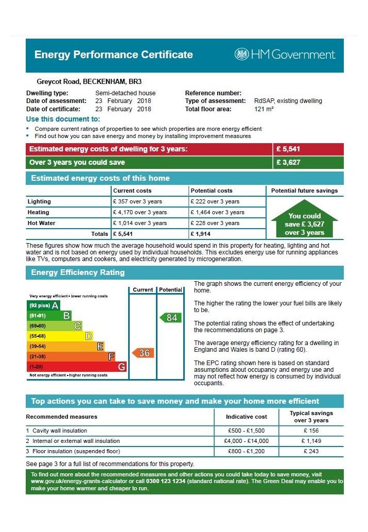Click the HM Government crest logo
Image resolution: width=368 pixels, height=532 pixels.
coord(241,54)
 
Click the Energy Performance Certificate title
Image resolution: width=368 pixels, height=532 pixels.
coord(113,55)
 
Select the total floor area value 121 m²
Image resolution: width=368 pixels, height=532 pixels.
coord(264,109)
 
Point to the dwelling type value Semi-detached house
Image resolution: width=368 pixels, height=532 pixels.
coord(125,93)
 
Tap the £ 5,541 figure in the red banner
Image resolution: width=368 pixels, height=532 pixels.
coord(288,149)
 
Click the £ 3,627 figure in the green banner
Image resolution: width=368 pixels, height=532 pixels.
coord(288,163)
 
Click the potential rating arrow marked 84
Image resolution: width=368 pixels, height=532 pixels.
coord(170,318)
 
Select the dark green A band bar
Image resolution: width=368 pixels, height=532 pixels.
coord(44,305)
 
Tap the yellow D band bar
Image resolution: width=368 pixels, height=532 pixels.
coord(60,336)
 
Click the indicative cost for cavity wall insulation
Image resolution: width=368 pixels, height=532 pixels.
coord(246,431)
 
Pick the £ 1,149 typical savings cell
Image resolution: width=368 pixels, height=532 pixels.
coord(311,441)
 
